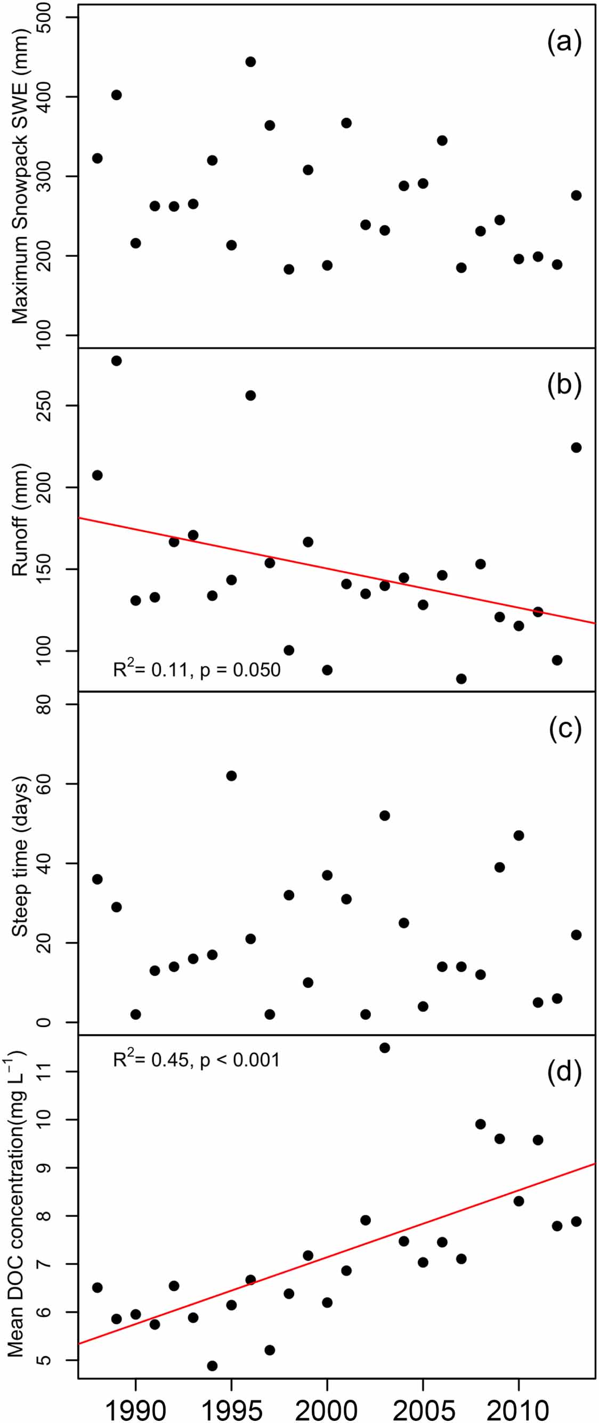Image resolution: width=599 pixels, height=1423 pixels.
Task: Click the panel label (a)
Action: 564,42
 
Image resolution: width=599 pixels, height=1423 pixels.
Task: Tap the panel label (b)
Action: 564,385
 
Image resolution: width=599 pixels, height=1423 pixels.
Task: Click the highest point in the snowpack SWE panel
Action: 250,62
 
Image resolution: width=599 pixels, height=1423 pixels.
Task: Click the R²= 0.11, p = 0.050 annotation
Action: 197,670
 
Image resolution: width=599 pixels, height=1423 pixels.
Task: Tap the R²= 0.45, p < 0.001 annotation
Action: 197,1060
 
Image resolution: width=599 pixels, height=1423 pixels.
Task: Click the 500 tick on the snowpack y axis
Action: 44,18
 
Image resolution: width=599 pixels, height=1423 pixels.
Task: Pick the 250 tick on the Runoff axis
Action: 44,406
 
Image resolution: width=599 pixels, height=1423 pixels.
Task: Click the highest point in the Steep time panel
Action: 231,776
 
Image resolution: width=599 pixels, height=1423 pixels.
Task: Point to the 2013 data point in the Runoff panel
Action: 576,448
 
